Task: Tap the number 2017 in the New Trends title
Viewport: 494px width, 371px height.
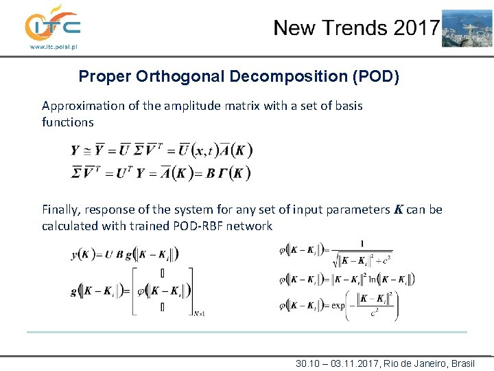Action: click(x=415, y=28)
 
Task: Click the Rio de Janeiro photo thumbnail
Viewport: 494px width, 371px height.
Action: click(x=467, y=28)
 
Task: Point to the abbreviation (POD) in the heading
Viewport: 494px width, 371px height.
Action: click(x=375, y=76)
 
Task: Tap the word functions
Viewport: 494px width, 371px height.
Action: click(x=67, y=122)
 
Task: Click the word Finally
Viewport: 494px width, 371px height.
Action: click(x=61, y=210)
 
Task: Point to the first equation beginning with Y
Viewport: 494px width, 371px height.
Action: click(x=162, y=150)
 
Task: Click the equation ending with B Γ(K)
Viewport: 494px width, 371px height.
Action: click(x=161, y=172)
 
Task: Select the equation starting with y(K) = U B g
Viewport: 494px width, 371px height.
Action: click(x=125, y=254)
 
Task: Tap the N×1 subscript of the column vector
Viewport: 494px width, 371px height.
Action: click(x=200, y=313)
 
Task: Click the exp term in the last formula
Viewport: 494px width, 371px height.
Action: click(x=338, y=306)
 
